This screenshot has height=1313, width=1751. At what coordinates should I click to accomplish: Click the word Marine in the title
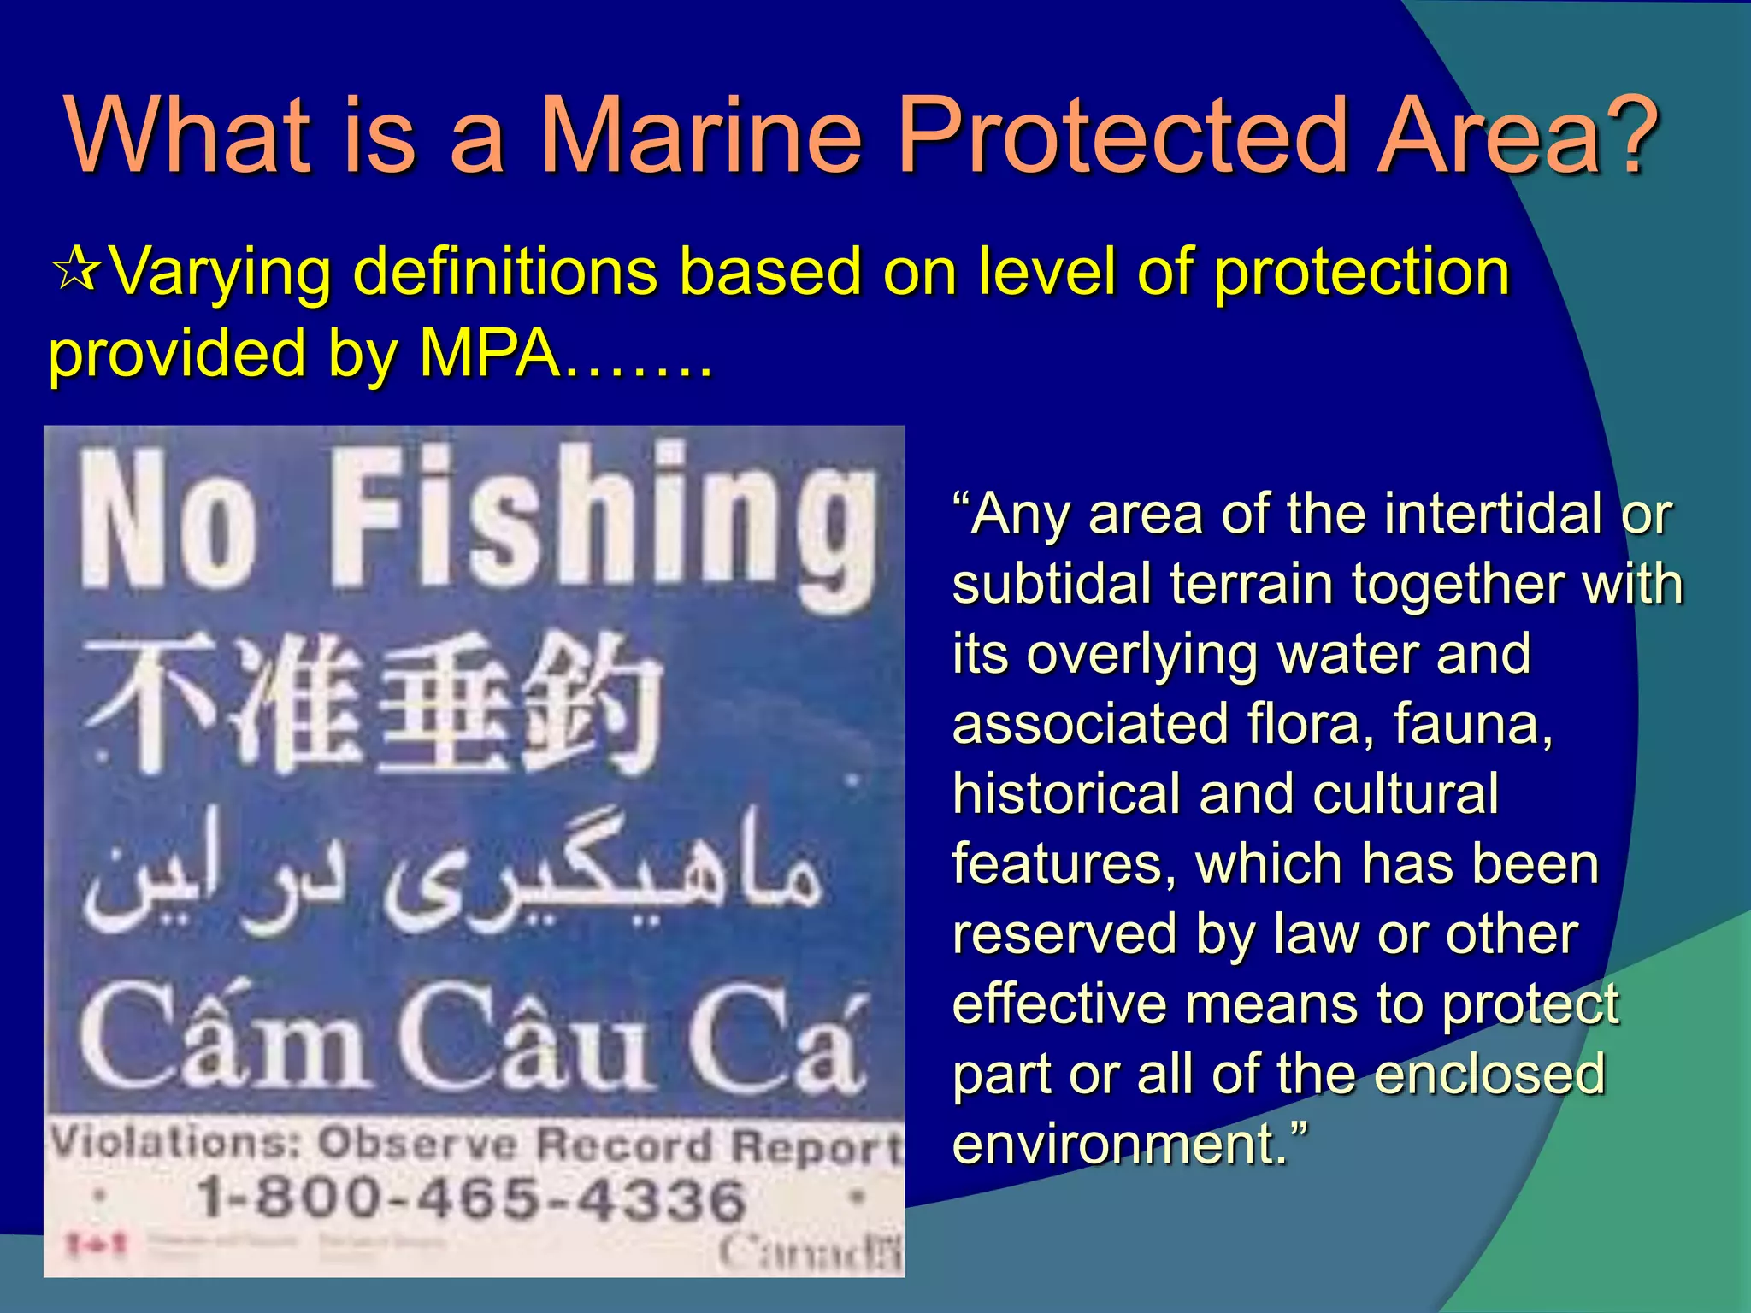point(701,135)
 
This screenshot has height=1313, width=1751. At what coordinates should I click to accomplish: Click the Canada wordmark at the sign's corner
point(808,1252)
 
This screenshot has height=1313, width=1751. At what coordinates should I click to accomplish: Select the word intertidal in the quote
point(1493,515)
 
